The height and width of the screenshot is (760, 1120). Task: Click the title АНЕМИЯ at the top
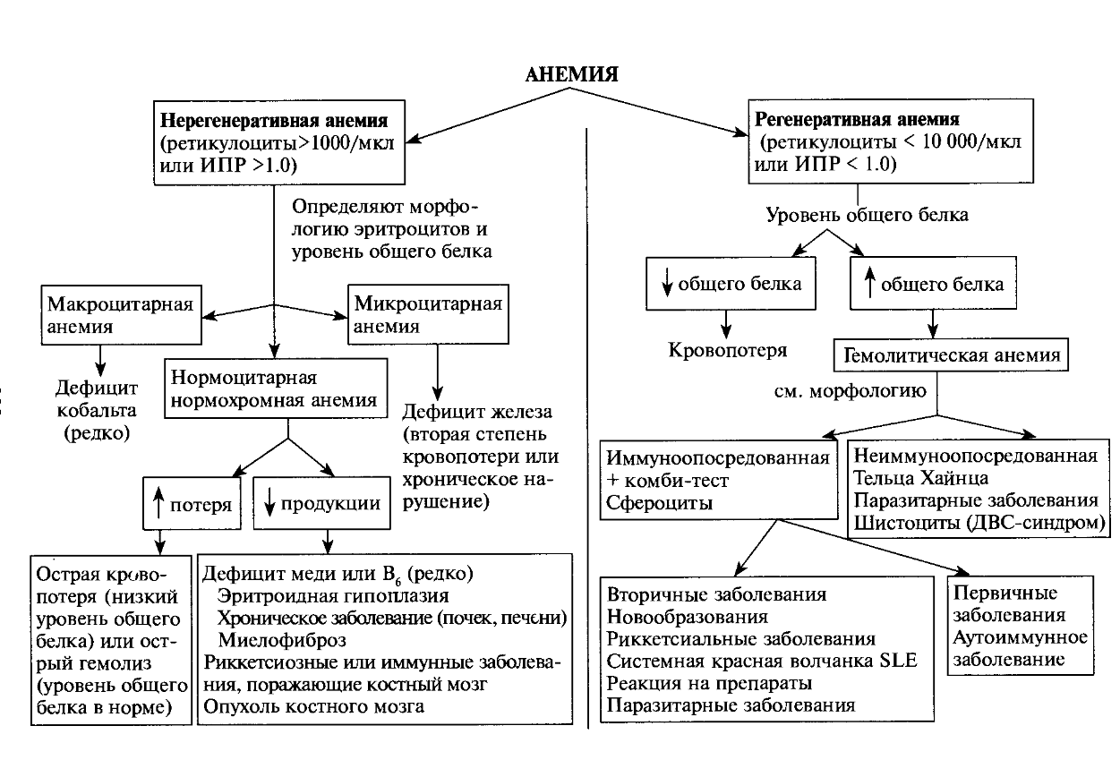pyautogui.click(x=571, y=73)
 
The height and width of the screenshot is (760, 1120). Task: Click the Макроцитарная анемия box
pyautogui.click(x=119, y=314)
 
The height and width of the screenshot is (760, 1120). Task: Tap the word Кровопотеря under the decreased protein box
pyautogui.click(x=728, y=349)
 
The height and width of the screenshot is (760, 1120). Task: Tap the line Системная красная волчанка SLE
pyautogui.click(x=769, y=662)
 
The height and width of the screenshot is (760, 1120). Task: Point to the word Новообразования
pyautogui.click(x=688, y=617)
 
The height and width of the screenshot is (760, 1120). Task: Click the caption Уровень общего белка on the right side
pyautogui.click(x=867, y=215)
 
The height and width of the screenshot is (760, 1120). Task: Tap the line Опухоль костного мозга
pyautogui.click(x=313, y=707)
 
